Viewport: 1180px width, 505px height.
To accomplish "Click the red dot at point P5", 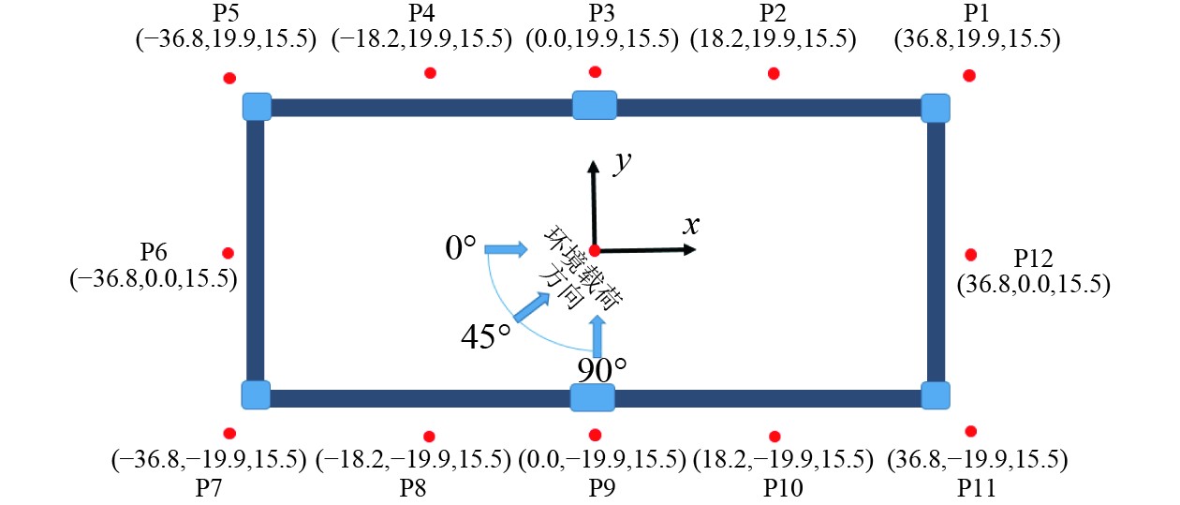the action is click(x=229, y=79).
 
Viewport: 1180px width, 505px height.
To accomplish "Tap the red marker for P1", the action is click(x=969, y=75).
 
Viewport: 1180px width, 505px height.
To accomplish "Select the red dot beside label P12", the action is click(x=971, y=254).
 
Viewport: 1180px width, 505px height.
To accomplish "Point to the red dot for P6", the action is click(x=228, y=253).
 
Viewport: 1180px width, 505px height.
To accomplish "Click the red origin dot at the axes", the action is click(x=594, y=249).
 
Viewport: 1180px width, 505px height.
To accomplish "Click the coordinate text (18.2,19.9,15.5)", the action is click(x=773, y=38).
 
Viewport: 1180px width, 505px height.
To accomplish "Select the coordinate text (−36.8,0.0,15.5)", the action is click(x=153, y=279).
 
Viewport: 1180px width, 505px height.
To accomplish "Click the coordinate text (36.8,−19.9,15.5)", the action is click(x=977, y=460).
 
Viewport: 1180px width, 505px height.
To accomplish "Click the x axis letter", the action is click(x=691, y=224).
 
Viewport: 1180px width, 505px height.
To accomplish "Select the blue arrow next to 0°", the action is click(x=506, y=248).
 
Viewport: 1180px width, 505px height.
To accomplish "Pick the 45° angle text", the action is click(x=486, y=334).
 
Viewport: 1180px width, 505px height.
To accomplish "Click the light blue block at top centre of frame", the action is click(x=595, y=105).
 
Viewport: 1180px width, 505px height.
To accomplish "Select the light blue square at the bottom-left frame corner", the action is click(x=256, y=395).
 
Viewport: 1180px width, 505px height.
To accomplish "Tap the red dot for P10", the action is click(x=774, y=437).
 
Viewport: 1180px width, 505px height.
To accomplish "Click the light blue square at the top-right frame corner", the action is click(x=936, y=107).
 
